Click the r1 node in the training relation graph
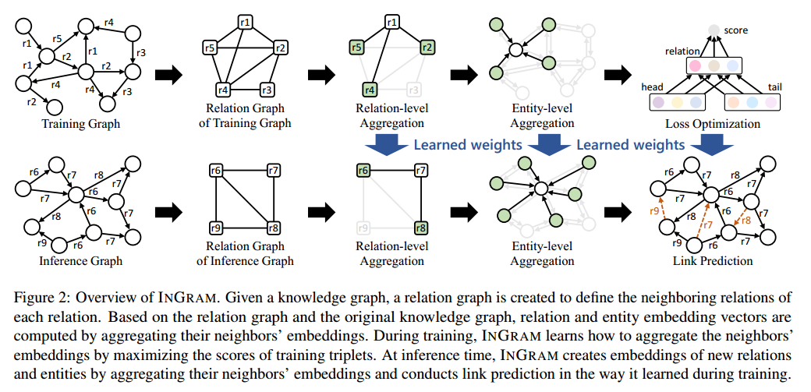243,22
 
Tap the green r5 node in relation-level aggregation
356,48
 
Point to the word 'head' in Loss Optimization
652,87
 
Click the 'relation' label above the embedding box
682,51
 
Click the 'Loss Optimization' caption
712,122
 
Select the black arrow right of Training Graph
168,76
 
